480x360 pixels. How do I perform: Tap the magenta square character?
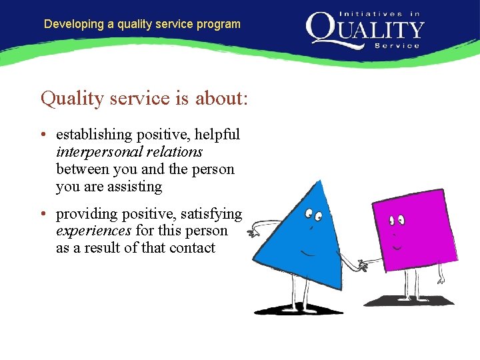[x=413, y=230]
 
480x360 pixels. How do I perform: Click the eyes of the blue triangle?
[x=313, y=215]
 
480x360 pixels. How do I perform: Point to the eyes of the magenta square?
[x=397, y=219]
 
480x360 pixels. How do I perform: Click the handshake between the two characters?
[x=362, y=265]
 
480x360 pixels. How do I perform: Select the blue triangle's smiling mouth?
[x=307, y=253]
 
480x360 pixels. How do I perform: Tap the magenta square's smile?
[x=397, y=247]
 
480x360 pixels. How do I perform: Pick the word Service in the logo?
[x=397, y=45]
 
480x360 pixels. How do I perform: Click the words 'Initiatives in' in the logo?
[x=380, y=14]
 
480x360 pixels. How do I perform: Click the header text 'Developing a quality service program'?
[x=142, y=24]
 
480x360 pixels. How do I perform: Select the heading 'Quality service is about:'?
[x=145, y=99]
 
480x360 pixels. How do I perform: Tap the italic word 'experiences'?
[x=94, y=231]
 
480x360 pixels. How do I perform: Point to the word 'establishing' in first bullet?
[x=94, y=135]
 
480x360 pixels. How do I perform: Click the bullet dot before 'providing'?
[x=43, y=215]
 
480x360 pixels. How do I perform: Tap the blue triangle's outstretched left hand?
[x=253, y=233]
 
